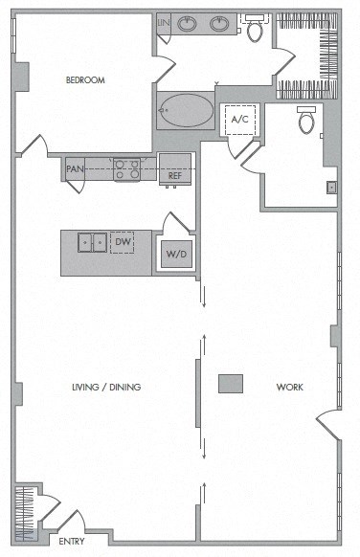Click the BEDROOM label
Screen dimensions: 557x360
[x=84, y=80]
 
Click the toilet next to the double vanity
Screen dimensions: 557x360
[x=254, y=29]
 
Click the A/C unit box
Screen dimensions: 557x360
[x=239, y=119]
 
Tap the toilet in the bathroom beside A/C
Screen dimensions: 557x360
[x=306, y=122]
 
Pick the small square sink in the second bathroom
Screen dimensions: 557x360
[x=331, y=188]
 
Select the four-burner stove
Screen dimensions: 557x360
[x=127, y=169]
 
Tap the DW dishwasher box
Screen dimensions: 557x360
[x=122, y=243]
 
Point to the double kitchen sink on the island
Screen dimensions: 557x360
[x=92, y=243]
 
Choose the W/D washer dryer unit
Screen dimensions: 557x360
[x=175, y=254]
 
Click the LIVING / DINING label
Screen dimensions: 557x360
[x=106, y=388]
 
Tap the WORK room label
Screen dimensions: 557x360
[x=289, y=388]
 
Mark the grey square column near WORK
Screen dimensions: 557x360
[x=230, y=383]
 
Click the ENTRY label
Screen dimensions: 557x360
[x=72, y=542]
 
